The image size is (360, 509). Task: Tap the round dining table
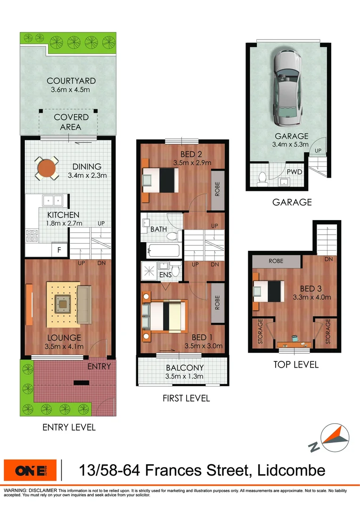[x=46, y=167]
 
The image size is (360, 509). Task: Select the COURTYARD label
[x=71, y=81]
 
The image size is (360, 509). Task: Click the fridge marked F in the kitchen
[x=59, y=250]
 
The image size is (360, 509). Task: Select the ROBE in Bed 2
[x=217, y=189]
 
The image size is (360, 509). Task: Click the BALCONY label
[x=185, y=368]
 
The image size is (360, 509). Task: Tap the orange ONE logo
[x=30, y=470]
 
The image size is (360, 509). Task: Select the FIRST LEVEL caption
[x=186, y=398]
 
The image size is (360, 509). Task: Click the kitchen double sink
[x=53, y=200]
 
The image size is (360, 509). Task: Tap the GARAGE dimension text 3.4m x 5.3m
[x=289, y=145]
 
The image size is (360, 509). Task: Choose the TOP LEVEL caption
[x=296, y=364]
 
